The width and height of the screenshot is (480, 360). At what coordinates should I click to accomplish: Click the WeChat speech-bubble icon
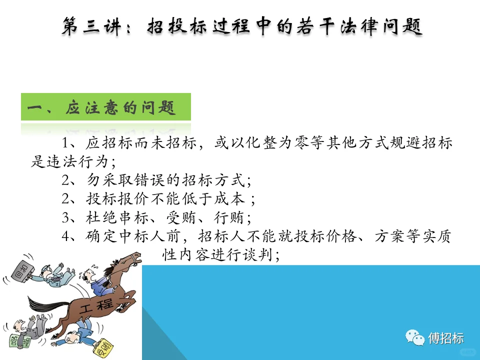[414, 338]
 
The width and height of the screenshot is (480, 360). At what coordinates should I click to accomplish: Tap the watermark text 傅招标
[446, 338]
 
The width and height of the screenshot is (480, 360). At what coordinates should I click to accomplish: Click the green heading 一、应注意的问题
[105, 107]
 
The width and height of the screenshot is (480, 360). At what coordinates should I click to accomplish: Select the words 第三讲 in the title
[92, 26]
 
